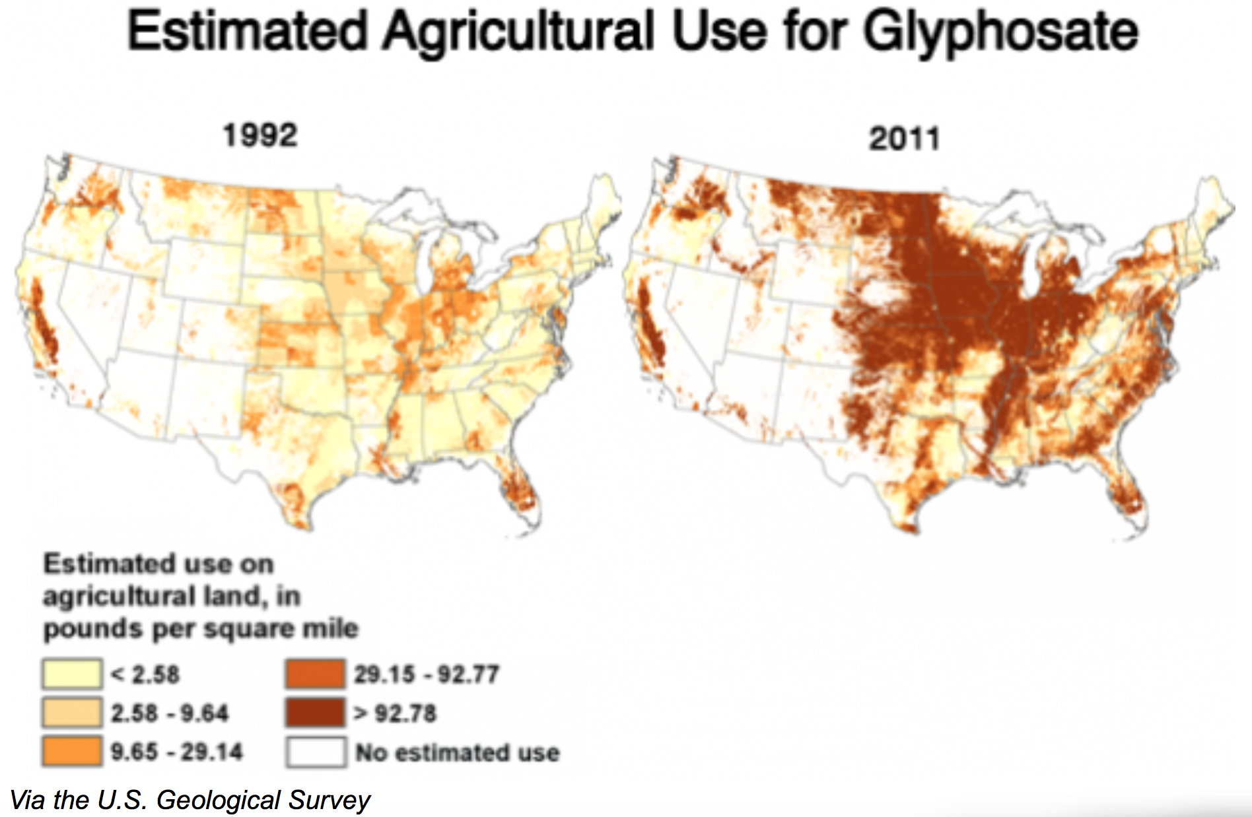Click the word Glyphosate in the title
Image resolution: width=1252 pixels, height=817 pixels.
1000,32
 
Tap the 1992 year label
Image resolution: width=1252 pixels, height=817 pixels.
260,136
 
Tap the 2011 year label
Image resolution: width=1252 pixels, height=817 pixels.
903,139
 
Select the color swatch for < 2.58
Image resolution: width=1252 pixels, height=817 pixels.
72,674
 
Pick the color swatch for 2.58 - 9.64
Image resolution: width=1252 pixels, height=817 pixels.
72,713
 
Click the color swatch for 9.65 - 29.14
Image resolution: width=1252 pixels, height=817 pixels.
72,751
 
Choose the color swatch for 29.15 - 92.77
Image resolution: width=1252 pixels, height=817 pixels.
315,674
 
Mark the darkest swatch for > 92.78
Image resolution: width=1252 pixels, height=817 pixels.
315,713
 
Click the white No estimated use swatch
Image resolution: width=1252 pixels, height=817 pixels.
315,752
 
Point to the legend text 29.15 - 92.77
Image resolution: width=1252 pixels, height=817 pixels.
427,674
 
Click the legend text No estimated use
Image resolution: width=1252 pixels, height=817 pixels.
457,752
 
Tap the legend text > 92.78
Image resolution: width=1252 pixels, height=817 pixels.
395,713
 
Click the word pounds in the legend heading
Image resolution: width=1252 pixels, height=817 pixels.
92,628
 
